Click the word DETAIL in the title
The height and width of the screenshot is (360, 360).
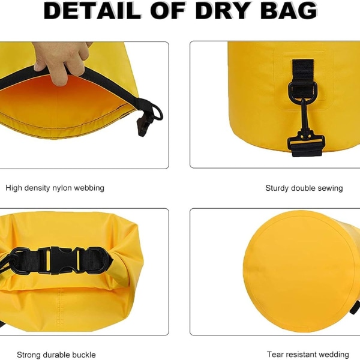pos(92,11)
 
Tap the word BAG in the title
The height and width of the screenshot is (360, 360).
pos(289,11)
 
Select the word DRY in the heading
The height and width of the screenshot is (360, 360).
pos(222,11)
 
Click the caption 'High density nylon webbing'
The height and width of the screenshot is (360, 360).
pos(55,188)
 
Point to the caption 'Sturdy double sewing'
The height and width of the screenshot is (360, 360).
pos(304,188)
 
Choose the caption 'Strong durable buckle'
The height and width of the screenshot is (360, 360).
pos(56,355)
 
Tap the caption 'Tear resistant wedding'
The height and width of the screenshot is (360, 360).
pos(308,355)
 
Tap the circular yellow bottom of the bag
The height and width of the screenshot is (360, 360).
pos(300,271)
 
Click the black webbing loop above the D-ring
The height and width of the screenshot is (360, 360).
pos(303,71)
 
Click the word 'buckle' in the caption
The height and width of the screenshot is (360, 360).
pos(84,355)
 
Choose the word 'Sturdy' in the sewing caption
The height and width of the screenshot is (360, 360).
pos(277,188)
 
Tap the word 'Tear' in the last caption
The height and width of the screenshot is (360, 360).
pos(275,354)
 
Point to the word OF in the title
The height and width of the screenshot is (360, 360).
pos(167,11)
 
